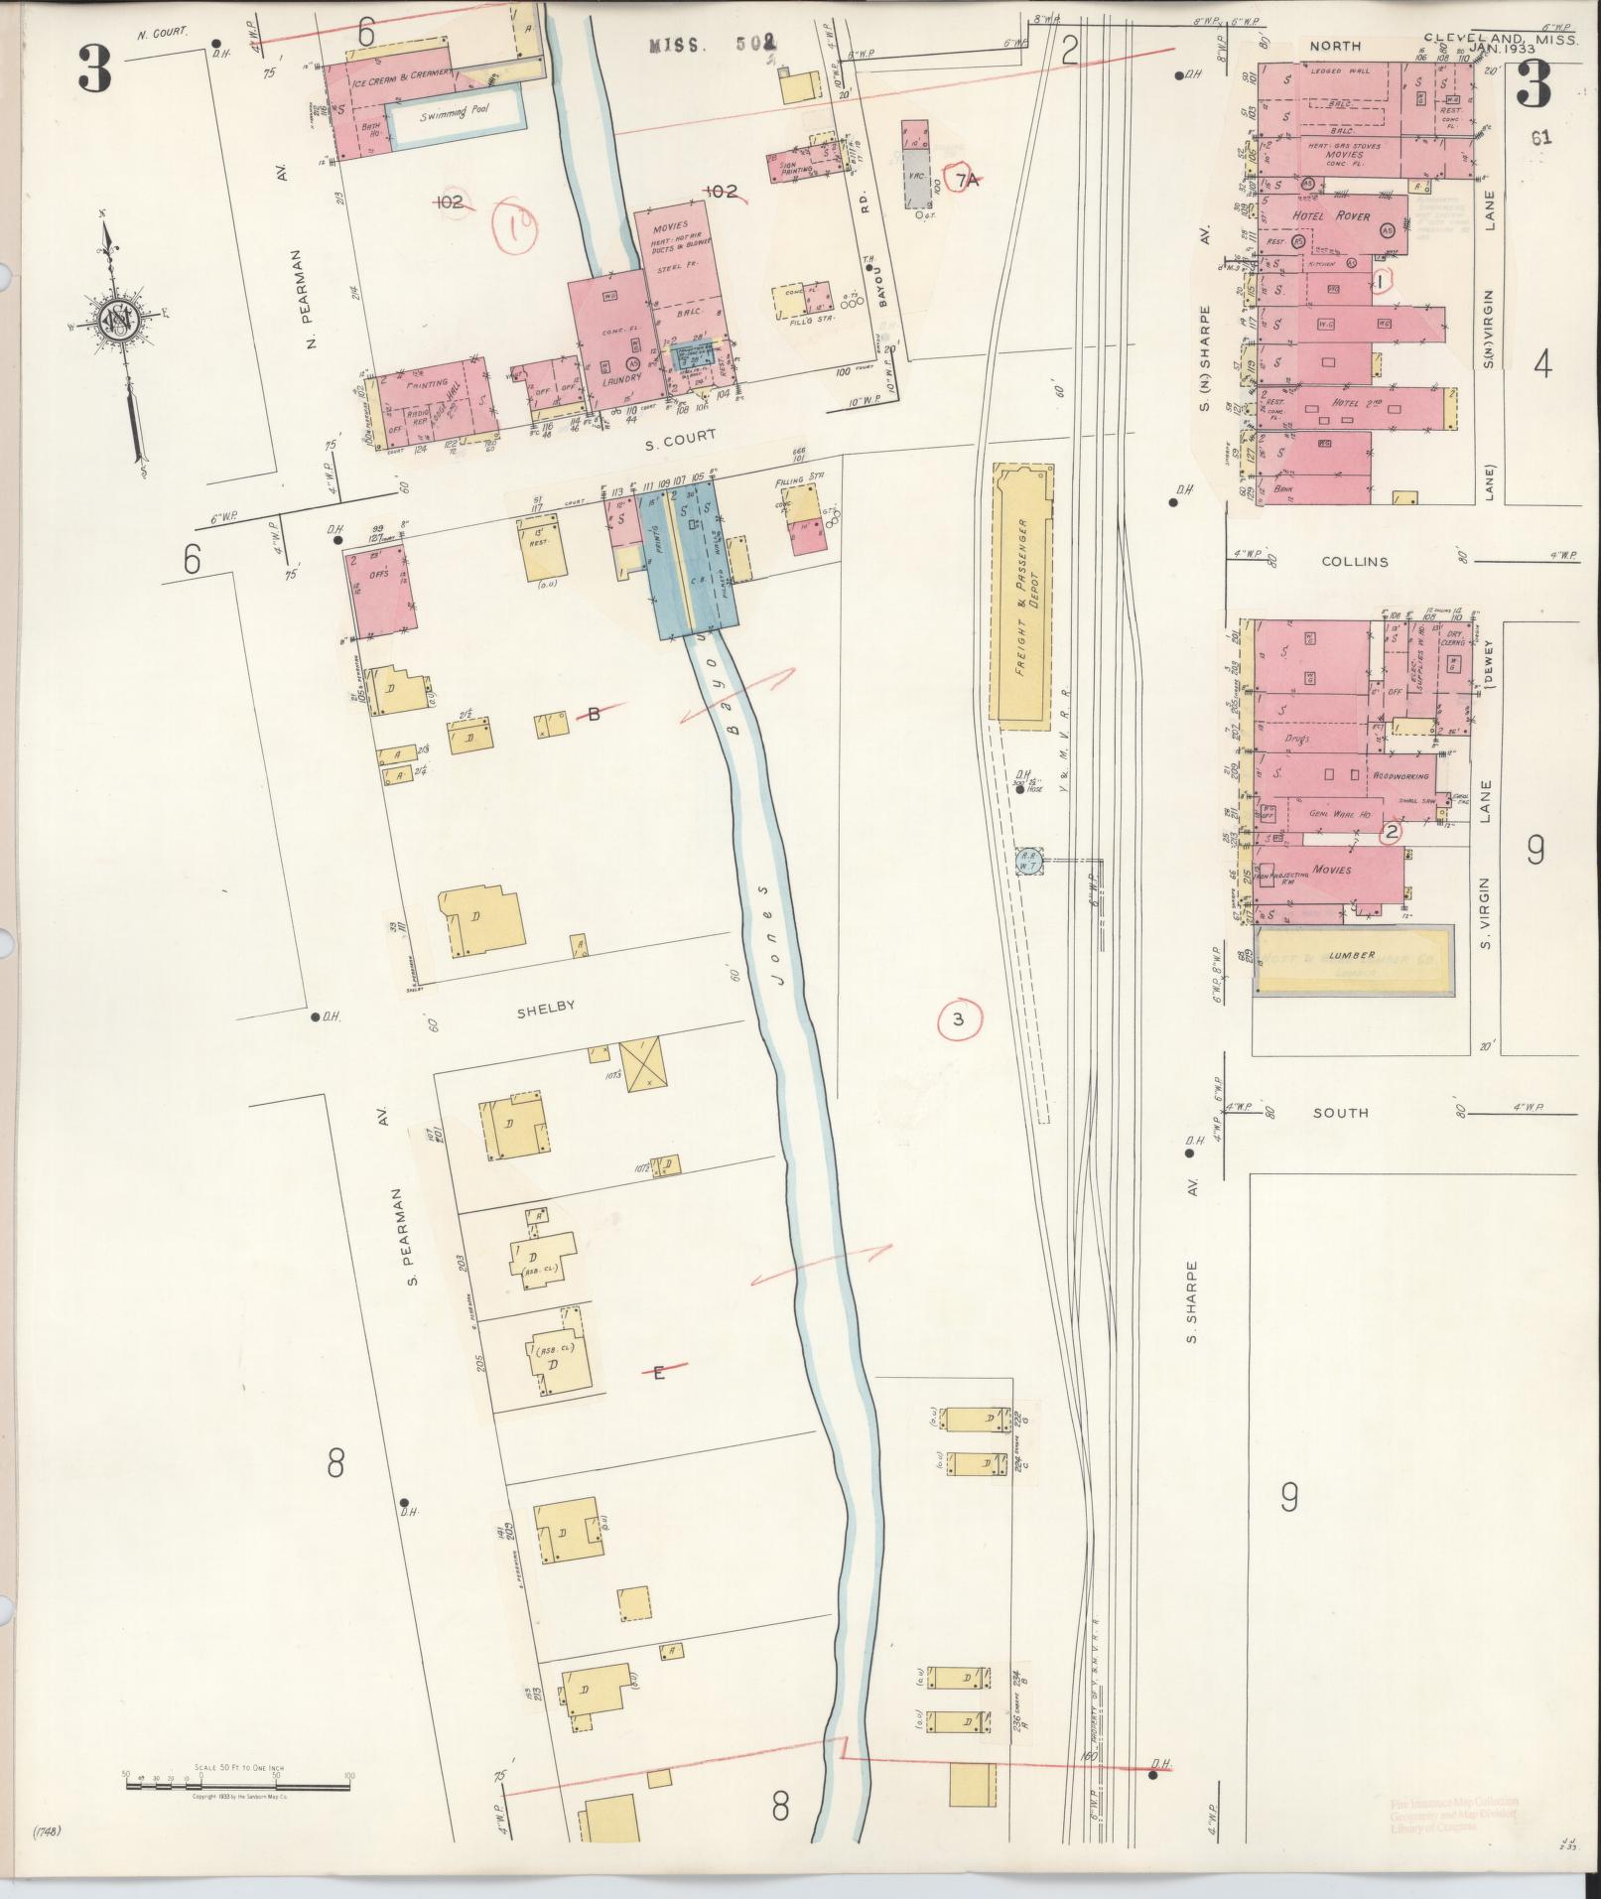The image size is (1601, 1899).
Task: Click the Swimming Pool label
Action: pyautogui.click(x=456, y=114)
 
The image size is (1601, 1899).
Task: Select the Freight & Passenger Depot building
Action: pyautogui.click(x=1021, y=598)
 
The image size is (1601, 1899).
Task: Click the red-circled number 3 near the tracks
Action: pyautogui.click(x=958, y=1018)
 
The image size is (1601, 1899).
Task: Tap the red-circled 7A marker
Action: pyautogui.click(x=967, y=180)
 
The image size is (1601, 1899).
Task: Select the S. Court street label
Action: pyautogui.click(x=680, y=436)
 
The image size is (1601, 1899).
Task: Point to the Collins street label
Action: pyautogui.click(x=1354, y=561)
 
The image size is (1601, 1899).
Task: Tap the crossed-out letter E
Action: pyautogui.click(x=658, y=1374)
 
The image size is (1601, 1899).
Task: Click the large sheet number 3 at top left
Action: pyautogui.click(x=95, y=69)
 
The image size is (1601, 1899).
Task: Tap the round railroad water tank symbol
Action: pyautogui.click(x=1027, y=861)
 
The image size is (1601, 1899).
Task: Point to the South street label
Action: pyautogui.click(x=1340, y=1113)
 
